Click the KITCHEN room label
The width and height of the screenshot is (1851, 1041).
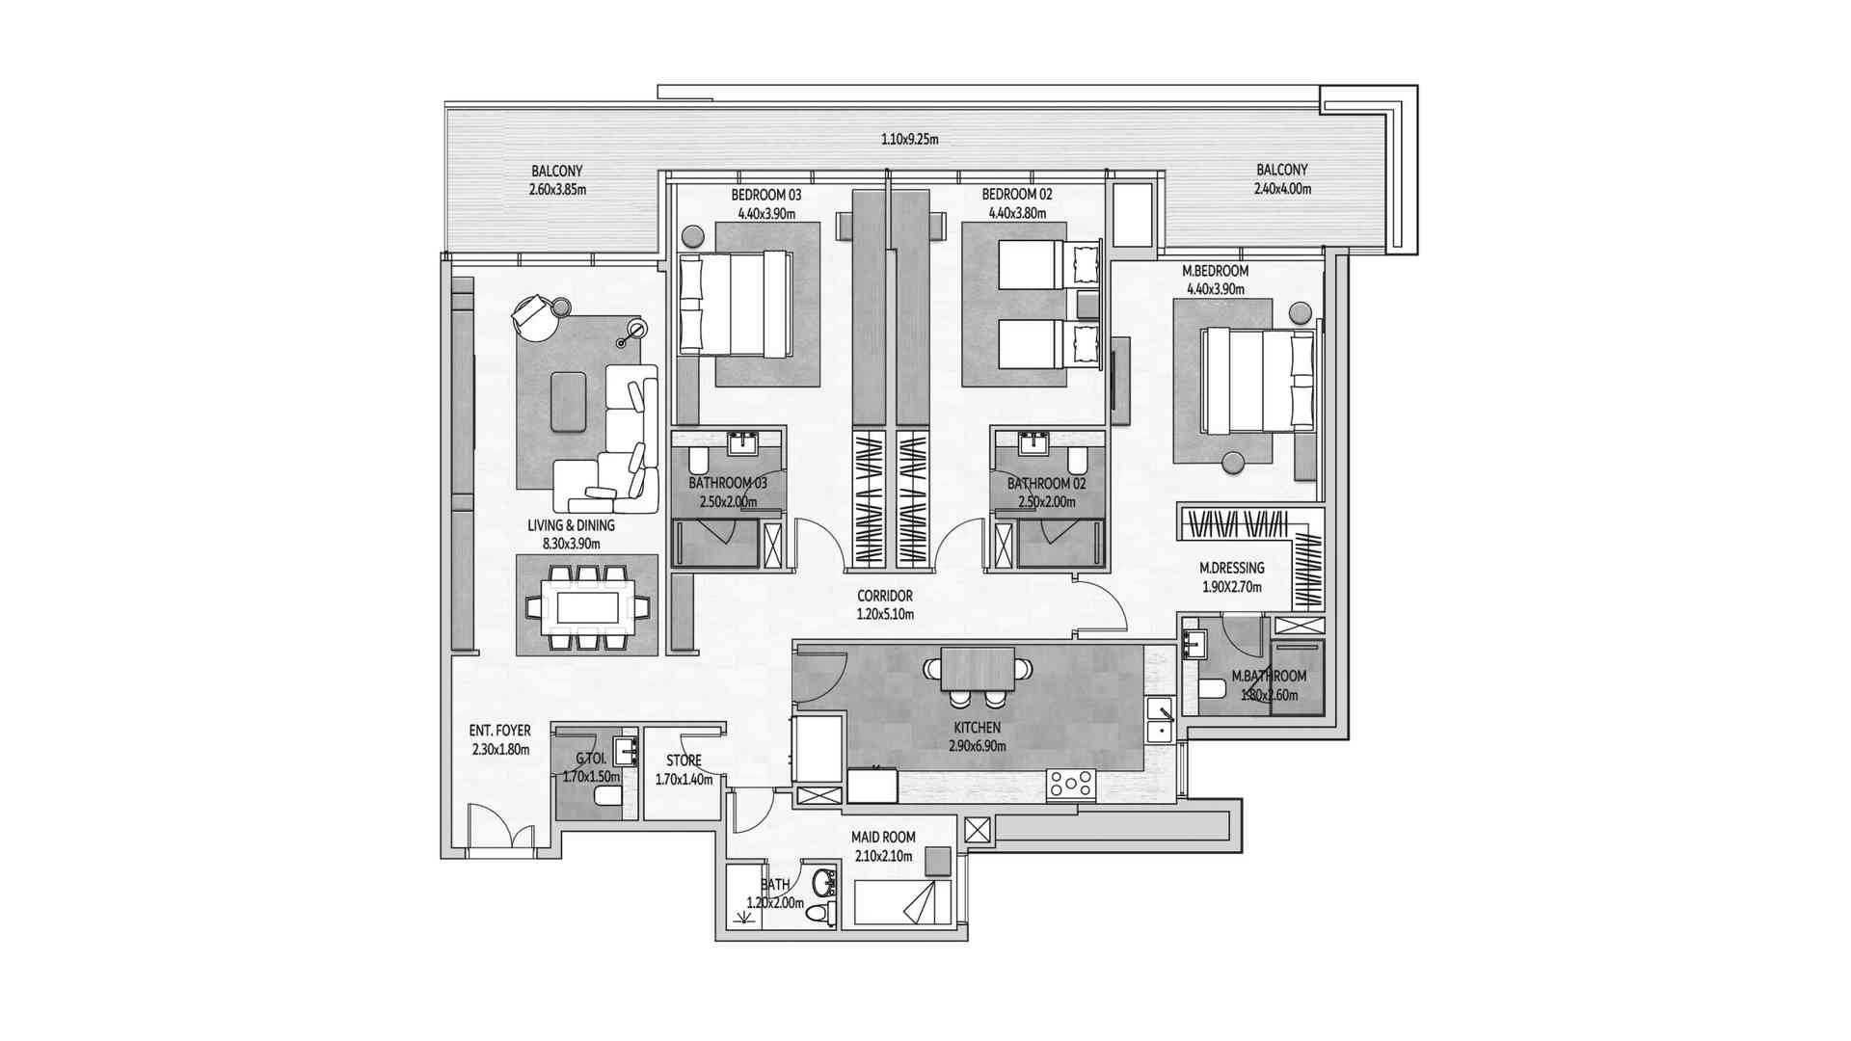point(978,728)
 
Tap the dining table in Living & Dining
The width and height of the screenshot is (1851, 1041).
point(587,607)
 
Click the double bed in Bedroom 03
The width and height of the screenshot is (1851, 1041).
point(736,304)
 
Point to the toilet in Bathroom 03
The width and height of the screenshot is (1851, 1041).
point(699,460)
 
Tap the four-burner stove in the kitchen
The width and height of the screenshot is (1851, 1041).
point(1072,784)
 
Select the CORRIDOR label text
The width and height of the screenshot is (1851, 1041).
point(885,596)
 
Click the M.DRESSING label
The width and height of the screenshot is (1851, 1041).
point(1231,569)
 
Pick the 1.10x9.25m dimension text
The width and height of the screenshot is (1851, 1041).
point(909,139)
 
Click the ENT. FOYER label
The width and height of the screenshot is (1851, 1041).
point(500,732)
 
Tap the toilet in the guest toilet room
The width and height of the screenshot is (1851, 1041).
point(608,795)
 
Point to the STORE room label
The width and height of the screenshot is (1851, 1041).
point(684,761)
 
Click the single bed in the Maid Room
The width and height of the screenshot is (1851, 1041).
point(902,903)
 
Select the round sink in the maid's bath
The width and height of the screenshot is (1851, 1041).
point(822,881)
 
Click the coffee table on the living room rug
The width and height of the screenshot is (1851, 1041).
point(567,401)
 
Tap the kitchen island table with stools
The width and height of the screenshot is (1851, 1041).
point(978,668)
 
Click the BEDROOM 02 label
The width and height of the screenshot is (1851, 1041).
point(1017,194)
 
